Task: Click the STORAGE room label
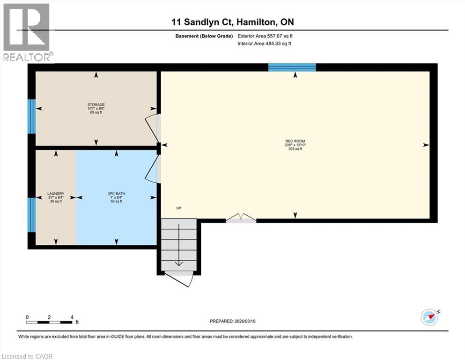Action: coord(96,105)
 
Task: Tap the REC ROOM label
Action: coord(295,141)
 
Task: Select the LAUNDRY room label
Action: coord(55,194)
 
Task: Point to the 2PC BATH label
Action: coord(117,194)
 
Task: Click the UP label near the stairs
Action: coord(178,209)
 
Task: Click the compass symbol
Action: coord(429,317)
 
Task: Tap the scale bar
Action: coord(49,322)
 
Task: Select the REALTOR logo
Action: coord(27,32)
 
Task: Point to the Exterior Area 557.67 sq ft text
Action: coord(267,36)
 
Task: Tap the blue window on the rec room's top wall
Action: coord(292,67)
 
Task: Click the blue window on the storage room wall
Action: coord(31,116)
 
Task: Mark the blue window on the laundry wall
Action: coord(31,215)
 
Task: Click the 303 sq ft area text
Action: coord(295,149)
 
